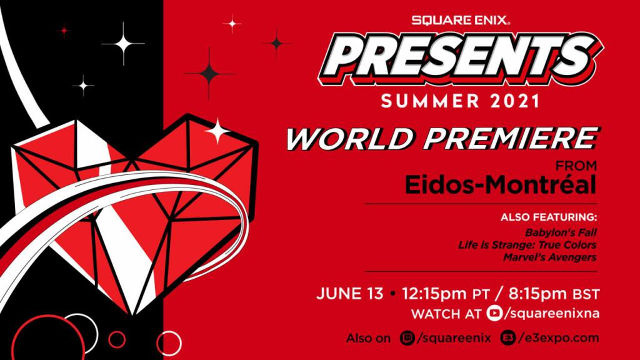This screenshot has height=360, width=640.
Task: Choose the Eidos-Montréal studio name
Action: tap(500, 185)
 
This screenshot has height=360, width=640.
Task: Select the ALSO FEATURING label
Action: tap(549, 218)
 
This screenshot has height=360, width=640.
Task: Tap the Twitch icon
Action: tap(407, 338)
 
